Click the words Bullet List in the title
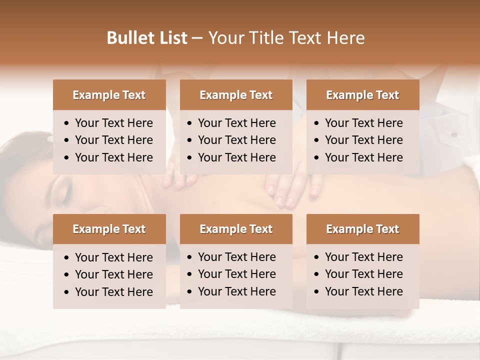click(x=147, y=38)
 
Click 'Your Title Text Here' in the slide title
click(x=286, y=38)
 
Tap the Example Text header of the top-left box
click(x=109, y=95)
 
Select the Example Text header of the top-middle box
click(x=236, y=95)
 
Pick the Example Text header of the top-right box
click(x=362, y=95)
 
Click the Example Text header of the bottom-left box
click(x=109, y=229)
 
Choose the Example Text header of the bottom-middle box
click(x=236, y=229)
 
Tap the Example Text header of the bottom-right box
click(x=362, y=229)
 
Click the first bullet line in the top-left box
click(x=113, y=123)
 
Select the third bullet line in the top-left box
click(x=113, y=157)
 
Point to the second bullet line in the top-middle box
click(x=236, y=140)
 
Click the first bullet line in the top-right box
click(x=363, y=123)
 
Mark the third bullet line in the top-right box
click(x=363, y=157)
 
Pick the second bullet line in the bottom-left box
click(x=113, y=274)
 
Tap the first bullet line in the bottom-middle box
click(x=236, y=257)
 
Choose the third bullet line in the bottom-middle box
click(x=236, y=291)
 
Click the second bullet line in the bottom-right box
click(x=363, y=274)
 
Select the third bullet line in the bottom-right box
click(x=363, y=291)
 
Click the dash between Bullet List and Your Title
click(x=197, y=38)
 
